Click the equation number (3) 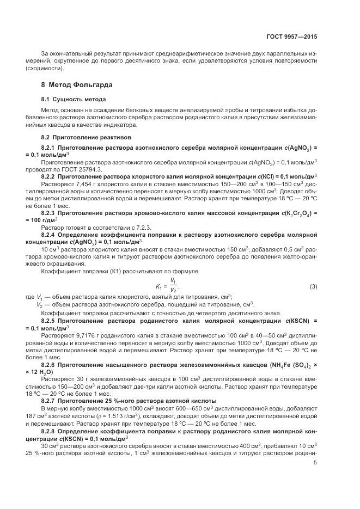click(x=313, y=286)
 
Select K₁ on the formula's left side click(x=159, y=286)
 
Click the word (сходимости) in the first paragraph click(x=44, y=69)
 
